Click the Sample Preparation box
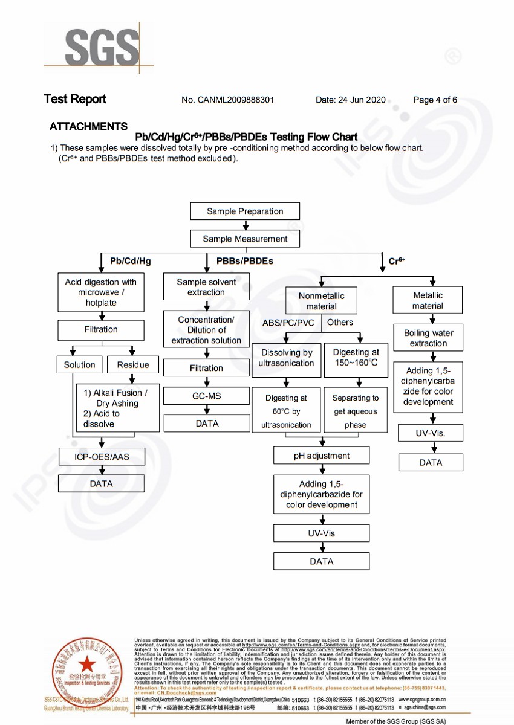245,211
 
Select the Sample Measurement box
245,239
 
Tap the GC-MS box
207,396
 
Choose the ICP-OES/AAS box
101,457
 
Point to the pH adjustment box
321,456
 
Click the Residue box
132,364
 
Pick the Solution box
79,364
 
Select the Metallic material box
428,300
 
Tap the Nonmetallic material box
321,301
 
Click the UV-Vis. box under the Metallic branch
431,433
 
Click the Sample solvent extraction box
206,287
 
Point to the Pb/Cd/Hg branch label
130,261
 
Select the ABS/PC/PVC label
288,323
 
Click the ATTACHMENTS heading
88,126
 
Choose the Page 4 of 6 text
435,100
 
